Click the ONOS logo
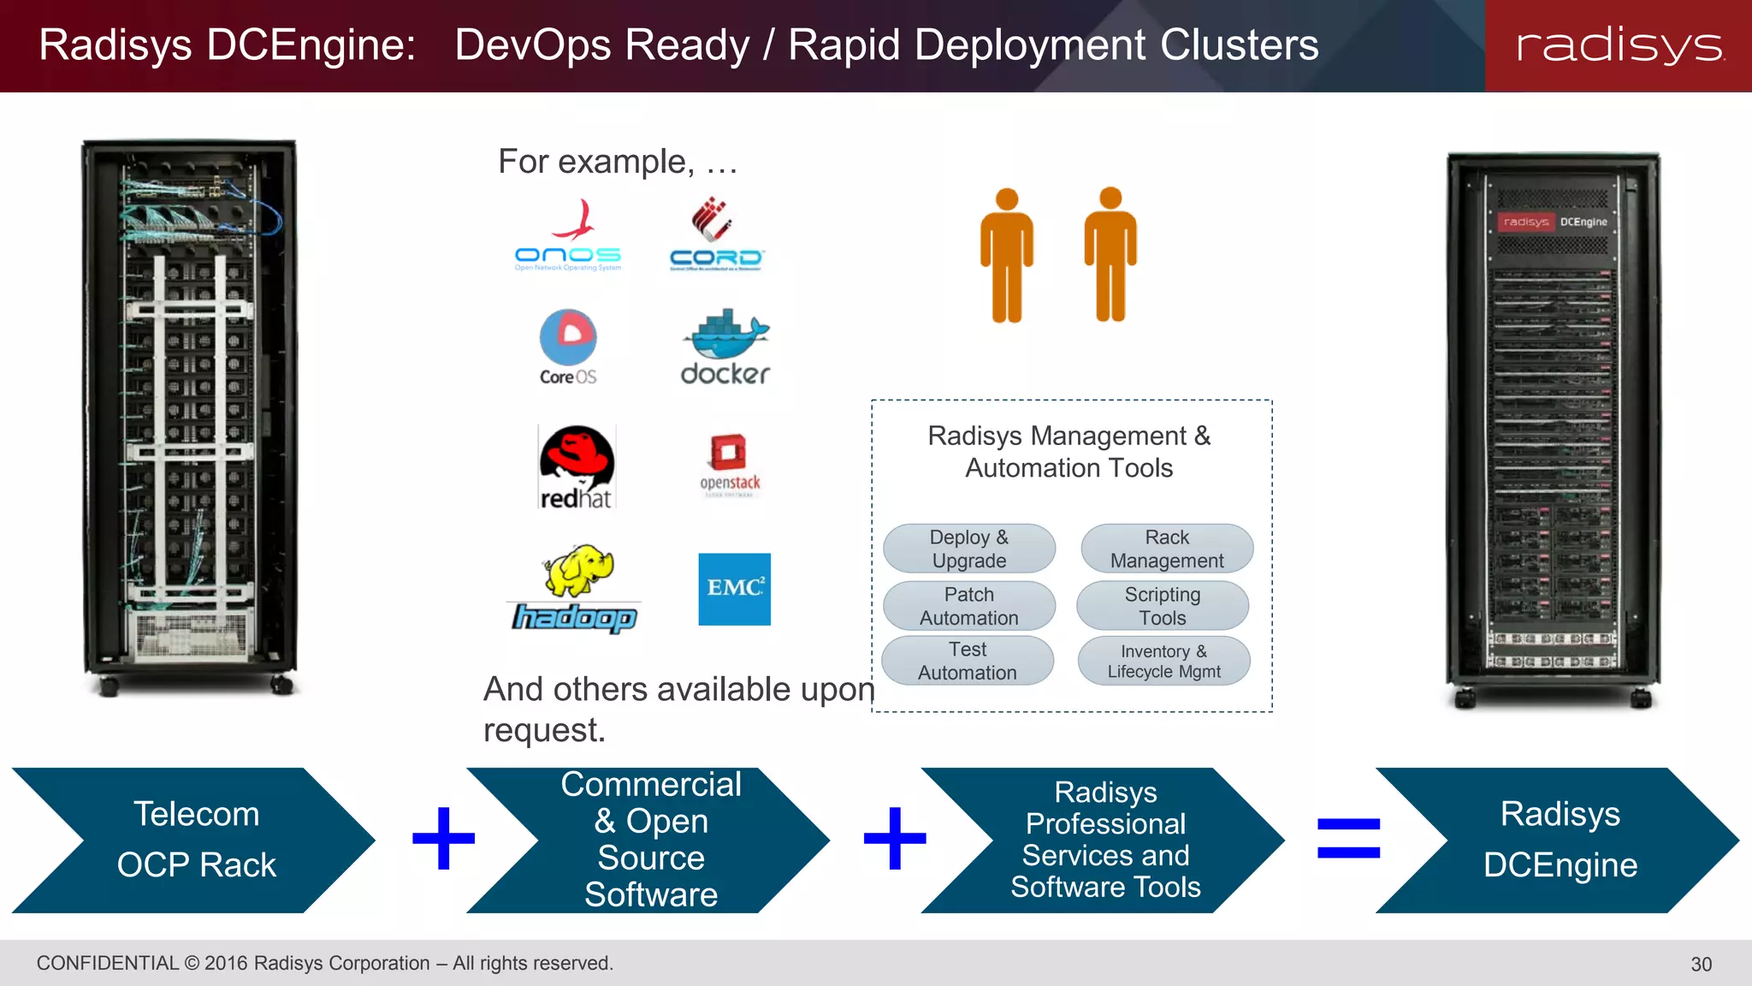click(568, 236)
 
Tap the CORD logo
click(716, 235)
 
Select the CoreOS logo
click(568, 347)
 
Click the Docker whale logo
click(725, 347)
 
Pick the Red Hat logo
click(577, 467)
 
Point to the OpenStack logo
click(730, 465)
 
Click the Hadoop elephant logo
click(575, 589)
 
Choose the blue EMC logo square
click(734, 589)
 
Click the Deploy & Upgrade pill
click(969, 549)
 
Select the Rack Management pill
click(1167, 549)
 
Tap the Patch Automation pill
click(969, 606)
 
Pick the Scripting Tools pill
click(1163, 606)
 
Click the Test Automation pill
click(968, 661)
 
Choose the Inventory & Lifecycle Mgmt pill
click(1164, 661)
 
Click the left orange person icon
click(1007, 255)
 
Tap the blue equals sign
click(1348, 838)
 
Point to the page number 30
click(1701, 965)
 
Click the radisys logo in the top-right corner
click(1619, 45)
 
